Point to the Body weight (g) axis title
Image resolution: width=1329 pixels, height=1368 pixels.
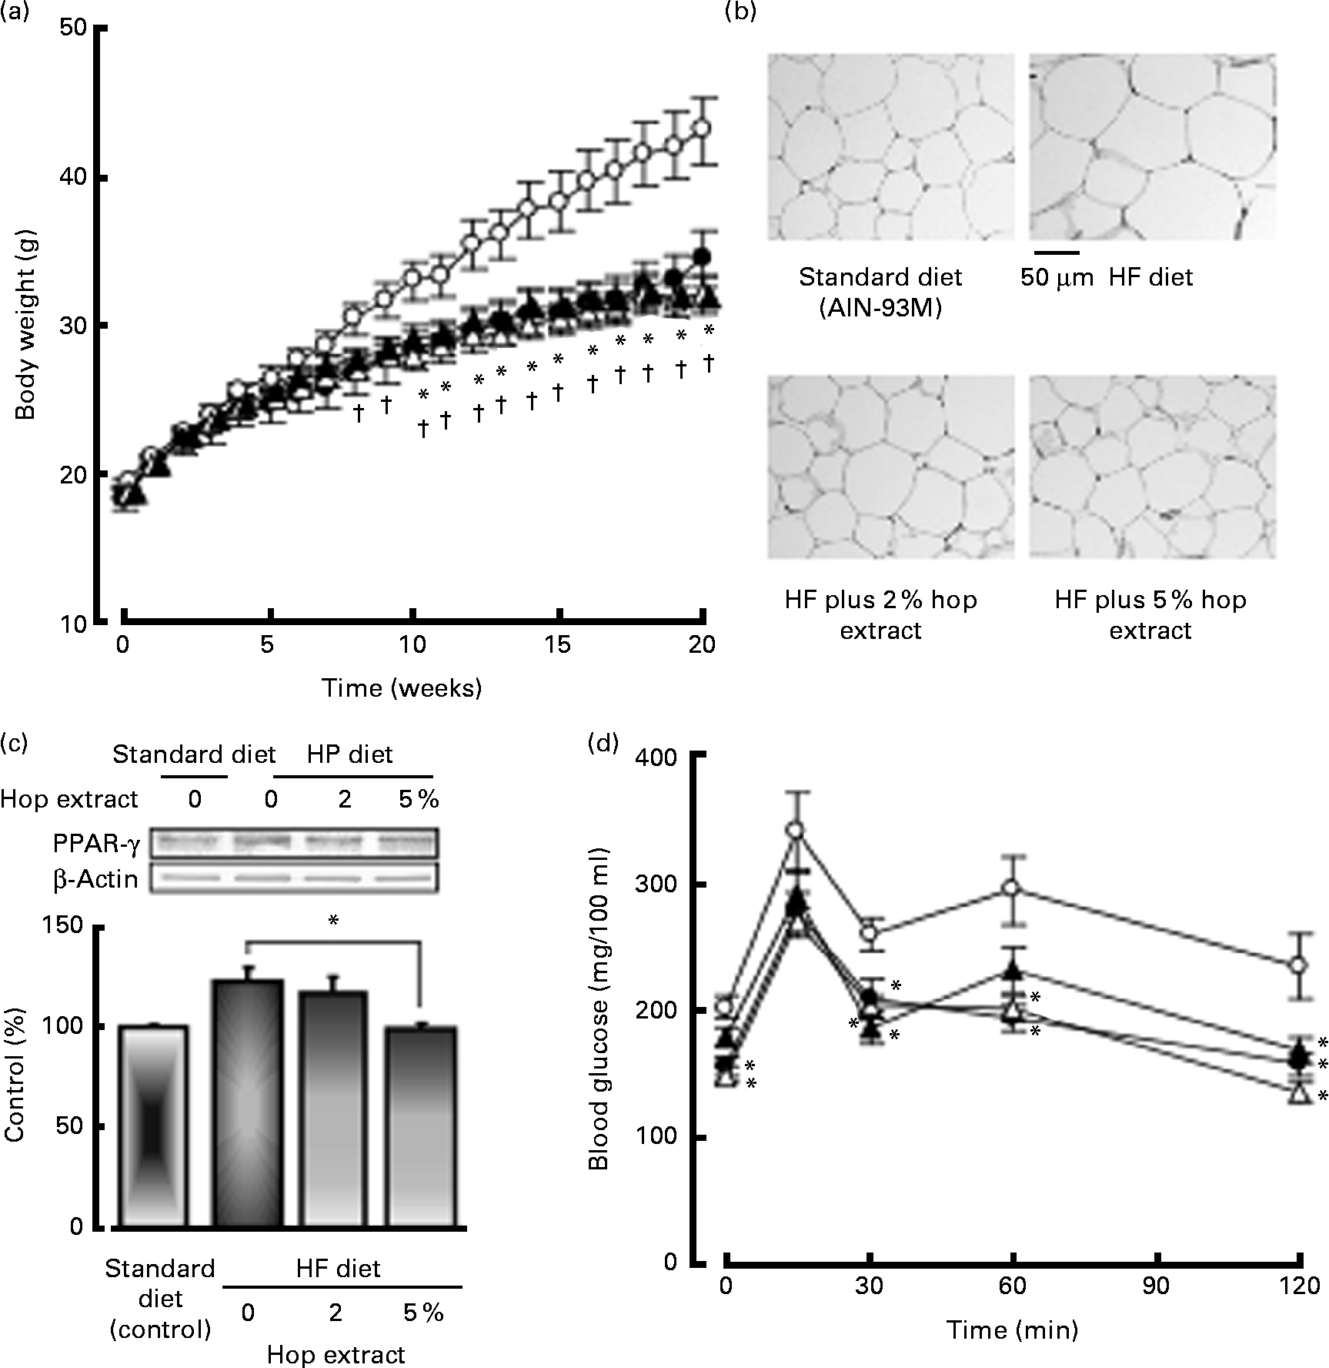point(26,323)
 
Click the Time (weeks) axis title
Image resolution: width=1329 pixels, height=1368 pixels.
point(402,687)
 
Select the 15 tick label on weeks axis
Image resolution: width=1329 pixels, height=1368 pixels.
point(558,645)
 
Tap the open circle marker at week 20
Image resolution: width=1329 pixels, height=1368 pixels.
point(702,129)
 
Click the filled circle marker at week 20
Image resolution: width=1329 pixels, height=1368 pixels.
point(701,256)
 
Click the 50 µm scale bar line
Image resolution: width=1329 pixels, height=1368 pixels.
point(1056,251)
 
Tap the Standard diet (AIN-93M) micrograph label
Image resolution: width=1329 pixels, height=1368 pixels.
point(880,293)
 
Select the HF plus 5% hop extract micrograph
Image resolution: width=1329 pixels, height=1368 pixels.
point(1152,467)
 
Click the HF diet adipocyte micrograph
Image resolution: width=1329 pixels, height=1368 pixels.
point(1152,146)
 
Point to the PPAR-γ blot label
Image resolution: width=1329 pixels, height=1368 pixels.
point(96,845)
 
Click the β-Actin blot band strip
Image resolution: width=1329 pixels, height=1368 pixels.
point(293,878)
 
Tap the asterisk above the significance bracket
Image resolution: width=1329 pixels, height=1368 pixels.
point(333,921)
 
